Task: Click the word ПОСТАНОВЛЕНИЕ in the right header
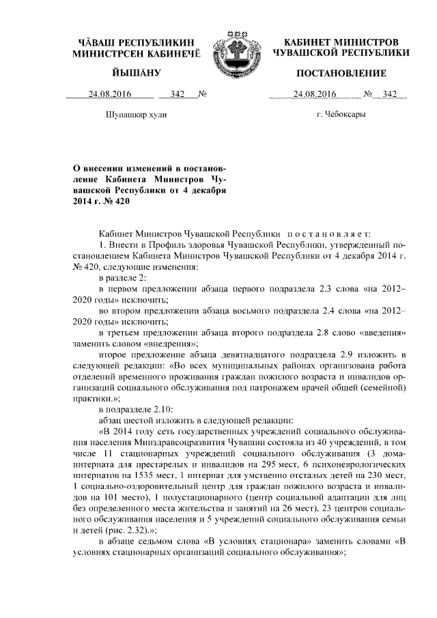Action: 342,73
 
